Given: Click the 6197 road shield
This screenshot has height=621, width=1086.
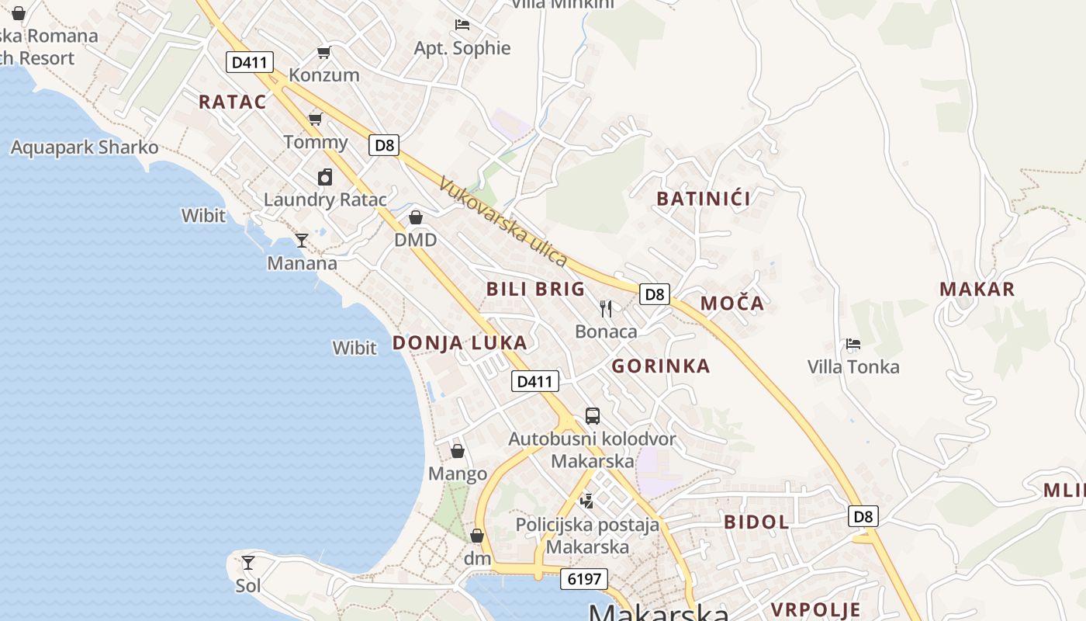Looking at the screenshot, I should (x=584, y=579).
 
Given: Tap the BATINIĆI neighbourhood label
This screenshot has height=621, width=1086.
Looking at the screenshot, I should (x=703, y=199).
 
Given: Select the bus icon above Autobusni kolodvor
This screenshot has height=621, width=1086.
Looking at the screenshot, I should (x=593, y=416).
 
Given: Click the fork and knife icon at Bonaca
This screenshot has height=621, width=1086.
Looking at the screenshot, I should (x=606, y=309).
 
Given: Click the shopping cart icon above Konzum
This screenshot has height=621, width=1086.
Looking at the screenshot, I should (x=323, y=53).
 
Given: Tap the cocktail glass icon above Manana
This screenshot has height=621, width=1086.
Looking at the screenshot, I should (x=302, y=241).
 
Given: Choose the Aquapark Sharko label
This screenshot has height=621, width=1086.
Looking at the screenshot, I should (x=85, y=147).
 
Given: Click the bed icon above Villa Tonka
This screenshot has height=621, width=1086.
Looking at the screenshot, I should (x=853, y=344).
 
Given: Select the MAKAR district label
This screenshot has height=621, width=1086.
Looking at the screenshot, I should (x=977, y=290).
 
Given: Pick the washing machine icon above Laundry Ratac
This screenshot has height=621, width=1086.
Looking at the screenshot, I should (x=325, y=177).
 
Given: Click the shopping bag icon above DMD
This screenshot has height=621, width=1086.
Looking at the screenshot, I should (x=416, y=217).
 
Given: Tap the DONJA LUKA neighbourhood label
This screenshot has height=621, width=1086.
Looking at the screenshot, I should (x=459, y=342).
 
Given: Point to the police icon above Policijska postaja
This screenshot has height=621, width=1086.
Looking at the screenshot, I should (x=587, y=501).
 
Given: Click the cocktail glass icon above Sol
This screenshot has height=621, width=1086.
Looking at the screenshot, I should (x=248, y=563).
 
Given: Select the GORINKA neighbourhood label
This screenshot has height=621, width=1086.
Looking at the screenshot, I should (x=660, y=366).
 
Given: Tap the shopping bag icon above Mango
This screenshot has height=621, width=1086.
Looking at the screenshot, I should (x=458, y=451).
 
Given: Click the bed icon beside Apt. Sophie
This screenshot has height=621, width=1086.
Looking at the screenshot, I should (x=462, y=25).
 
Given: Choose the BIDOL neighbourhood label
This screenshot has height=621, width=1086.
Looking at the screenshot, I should (x=756, y=522).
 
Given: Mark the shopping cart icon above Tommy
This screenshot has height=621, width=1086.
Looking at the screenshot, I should (x=315, y=119).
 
